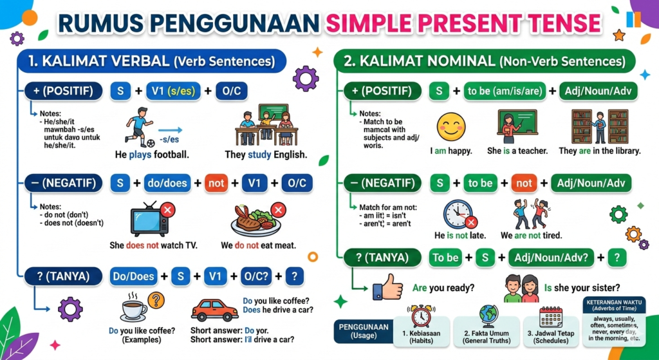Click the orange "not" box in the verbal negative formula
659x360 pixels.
click(216, 184)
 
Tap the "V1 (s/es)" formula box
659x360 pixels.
click(173, 91)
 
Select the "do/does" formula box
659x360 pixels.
click(167, 184)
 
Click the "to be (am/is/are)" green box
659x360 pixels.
click(505, 91)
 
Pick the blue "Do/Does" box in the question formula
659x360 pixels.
click(134, 277)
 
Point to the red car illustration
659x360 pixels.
click(215, 310)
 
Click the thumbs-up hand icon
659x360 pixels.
click(387, 287)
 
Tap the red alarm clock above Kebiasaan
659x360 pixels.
click(421, 316)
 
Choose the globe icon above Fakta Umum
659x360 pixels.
click(488, 316)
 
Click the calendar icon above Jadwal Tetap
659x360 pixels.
click(551, 317)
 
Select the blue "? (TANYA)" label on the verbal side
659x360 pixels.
click(64, 276)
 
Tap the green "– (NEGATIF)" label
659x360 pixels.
click(382, 184)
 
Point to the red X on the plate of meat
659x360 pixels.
click(278, 209)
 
